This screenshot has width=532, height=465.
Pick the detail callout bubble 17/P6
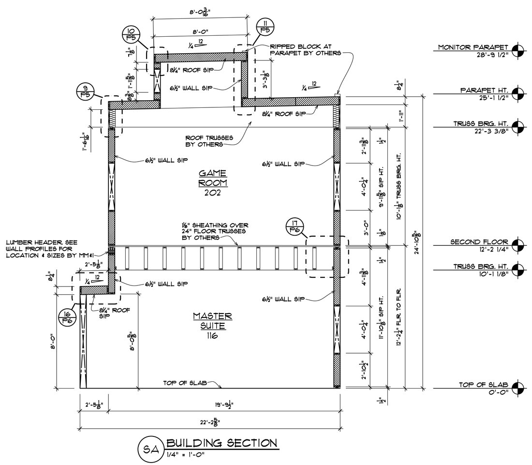point(294,227)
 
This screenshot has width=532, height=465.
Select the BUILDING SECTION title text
point(222,443)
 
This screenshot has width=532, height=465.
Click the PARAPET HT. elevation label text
point(483,90)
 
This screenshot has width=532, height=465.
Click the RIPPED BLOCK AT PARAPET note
point(305,50)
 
